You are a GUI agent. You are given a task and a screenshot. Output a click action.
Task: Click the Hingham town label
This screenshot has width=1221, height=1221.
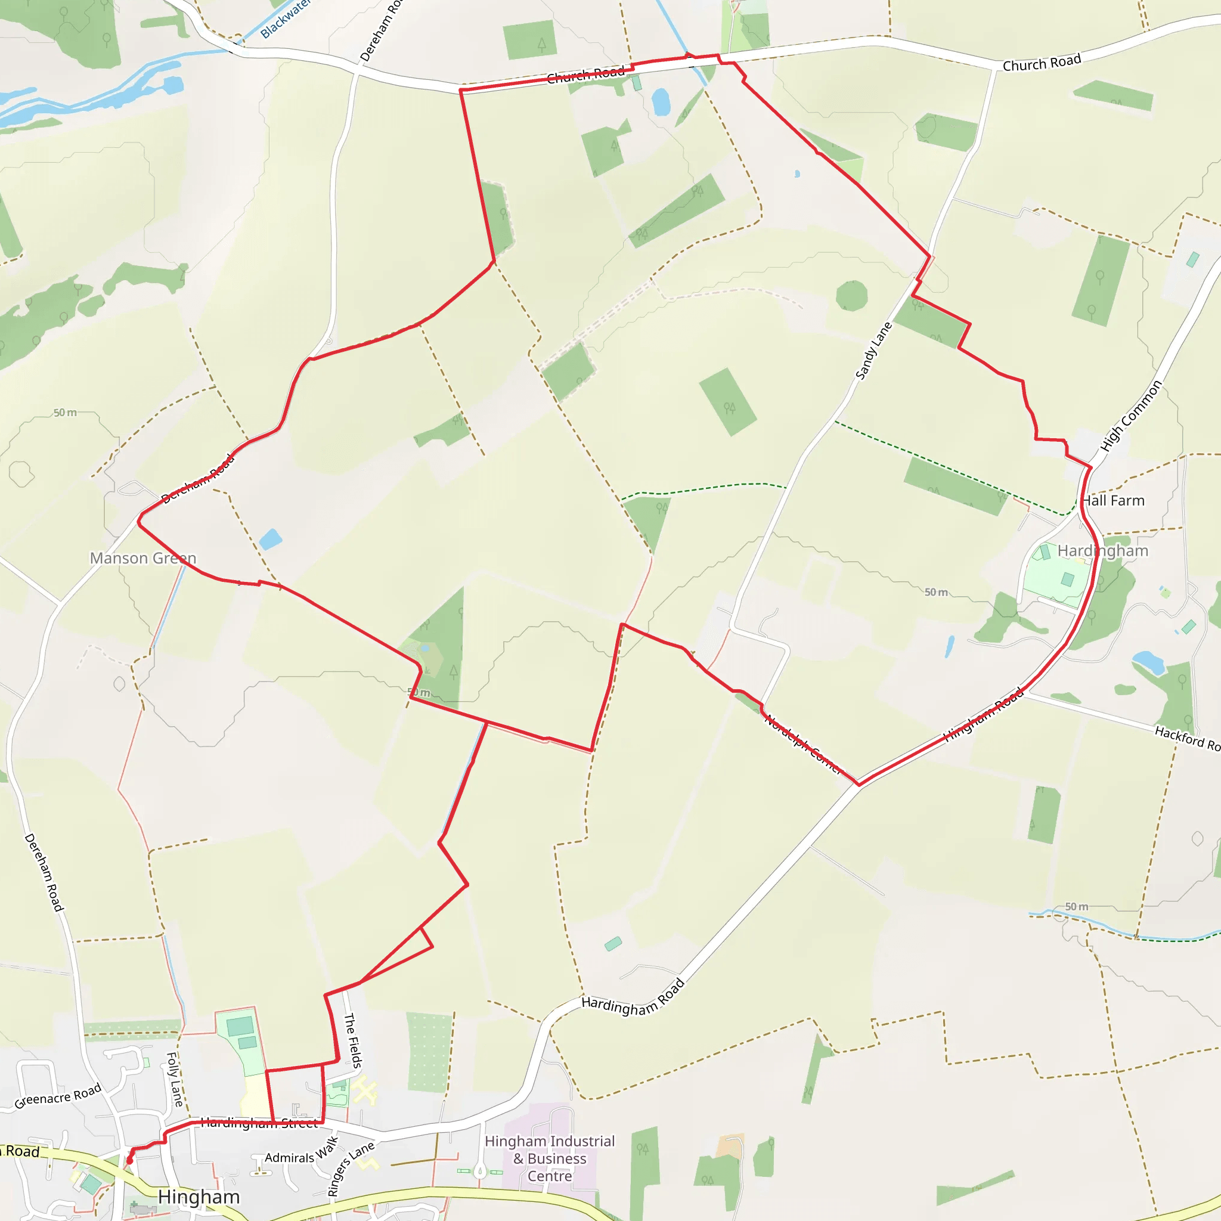pyautogui.click(x=199, y=1197)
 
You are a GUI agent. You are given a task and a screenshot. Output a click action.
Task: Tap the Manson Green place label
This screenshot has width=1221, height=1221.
pyautogui.click(x=143, y=558)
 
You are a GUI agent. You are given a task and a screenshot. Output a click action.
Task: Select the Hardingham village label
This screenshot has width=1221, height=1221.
pyautogui.click(x=1102, y=550)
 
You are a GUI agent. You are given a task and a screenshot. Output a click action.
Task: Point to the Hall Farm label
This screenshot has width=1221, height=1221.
pyautogui.click(x=1113, y=501)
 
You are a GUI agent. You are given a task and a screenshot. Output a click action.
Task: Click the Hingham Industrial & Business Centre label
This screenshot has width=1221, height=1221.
pyautogui.click(x=549, y=1158)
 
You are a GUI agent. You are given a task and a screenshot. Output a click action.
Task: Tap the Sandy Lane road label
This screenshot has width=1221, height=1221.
pyautogui.click(x=873, y=351)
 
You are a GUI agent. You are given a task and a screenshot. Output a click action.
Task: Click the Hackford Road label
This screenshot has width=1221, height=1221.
pyautogui.click(x=1187, y=738)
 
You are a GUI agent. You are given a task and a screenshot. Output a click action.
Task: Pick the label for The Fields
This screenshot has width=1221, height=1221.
pyautogui.click(x=353, y=1040)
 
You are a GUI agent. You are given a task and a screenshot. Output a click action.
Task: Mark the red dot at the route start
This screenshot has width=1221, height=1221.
pyautogui.click(x=129, y=1160)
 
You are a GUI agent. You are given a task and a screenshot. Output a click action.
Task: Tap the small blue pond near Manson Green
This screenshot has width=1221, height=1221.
pyautogui.click(x=271, y=539)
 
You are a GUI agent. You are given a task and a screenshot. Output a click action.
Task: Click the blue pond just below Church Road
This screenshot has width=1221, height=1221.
pyautogui.click(x=661, y=102)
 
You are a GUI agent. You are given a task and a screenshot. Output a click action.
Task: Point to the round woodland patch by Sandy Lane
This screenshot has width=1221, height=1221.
pyautogui.click(x=851, y=296)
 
